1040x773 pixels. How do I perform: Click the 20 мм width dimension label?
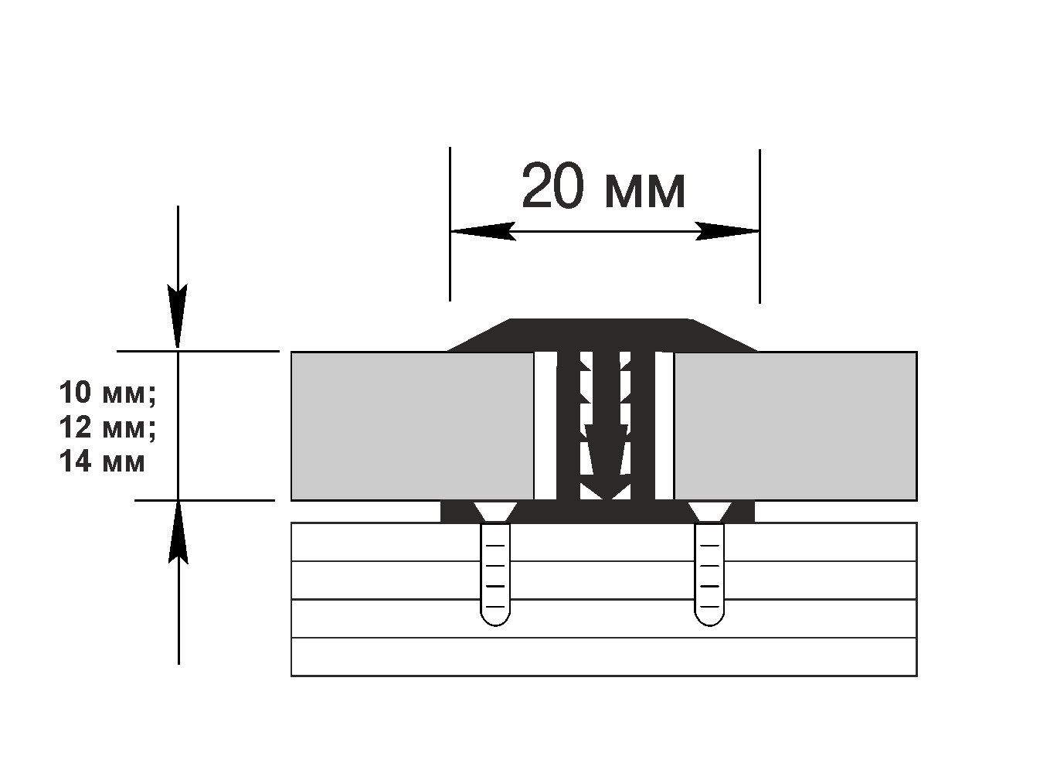603,188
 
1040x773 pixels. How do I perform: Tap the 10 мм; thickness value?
107,393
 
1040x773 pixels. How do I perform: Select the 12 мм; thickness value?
107,427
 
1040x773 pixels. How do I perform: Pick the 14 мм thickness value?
101,461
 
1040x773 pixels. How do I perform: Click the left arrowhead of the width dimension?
483,231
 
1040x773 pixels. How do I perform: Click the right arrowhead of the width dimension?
727,231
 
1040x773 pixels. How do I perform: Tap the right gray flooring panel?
795,426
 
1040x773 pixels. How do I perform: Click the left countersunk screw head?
495,511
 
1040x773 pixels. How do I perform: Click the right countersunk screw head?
709,511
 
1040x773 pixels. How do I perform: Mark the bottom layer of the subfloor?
603,657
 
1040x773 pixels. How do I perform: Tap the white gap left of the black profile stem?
545,426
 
